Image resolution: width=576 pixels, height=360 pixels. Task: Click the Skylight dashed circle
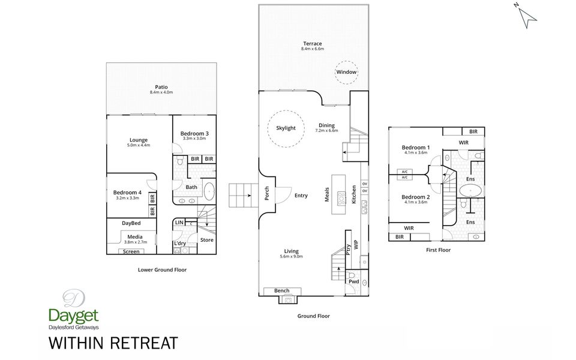[286, 128]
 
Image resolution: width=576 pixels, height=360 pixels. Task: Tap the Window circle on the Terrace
[346, 72]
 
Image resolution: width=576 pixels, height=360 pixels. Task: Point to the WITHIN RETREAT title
[113, 343]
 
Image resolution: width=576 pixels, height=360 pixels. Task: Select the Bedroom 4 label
[127, 192]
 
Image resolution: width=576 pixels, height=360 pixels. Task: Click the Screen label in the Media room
[131, 251]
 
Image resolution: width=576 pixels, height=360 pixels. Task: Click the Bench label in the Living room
[281, 290]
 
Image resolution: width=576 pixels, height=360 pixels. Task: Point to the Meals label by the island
[328, 196]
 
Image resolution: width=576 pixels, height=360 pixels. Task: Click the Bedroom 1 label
[415, 148]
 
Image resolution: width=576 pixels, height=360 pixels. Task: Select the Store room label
[206, 240]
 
